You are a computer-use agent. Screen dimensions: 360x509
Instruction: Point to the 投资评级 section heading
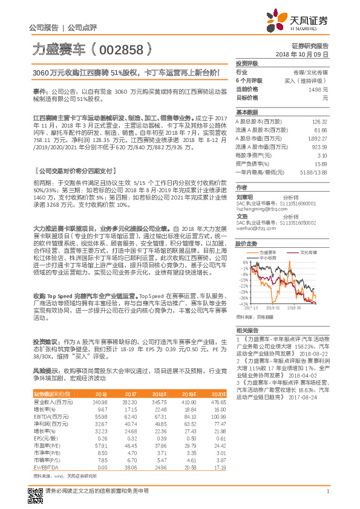coord(247,63)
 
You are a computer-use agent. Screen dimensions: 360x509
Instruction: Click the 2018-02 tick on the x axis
coord(269,308)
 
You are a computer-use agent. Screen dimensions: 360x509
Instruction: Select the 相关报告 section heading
coord(247,330)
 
